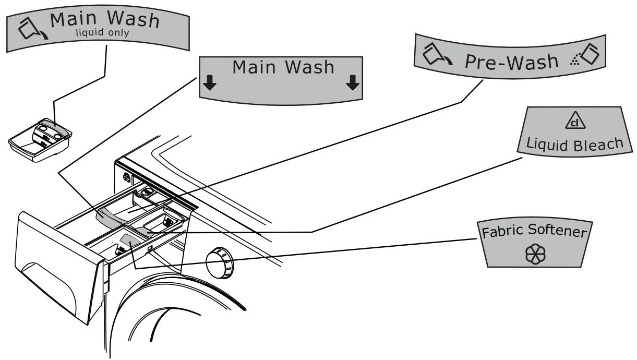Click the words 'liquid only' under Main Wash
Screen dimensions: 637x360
click(x=102, y=32)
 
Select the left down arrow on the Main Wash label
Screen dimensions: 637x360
click(x=210, y=83)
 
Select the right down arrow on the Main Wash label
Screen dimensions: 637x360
click(x=353, y=83)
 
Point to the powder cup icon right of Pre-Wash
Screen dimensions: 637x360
click(x=585, y=54)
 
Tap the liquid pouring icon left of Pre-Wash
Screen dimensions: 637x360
click(x=437, y=54)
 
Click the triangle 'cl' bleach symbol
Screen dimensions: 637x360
click(x=575, y=121)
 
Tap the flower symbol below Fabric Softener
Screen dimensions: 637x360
click(x=535, y=254)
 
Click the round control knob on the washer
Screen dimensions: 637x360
click(x=219, y=263)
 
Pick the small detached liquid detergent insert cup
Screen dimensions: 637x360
click(x=40, y=140)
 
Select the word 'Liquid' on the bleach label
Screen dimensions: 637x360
click(x=547, y=144)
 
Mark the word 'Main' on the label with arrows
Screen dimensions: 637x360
click(x=254, y=67)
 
